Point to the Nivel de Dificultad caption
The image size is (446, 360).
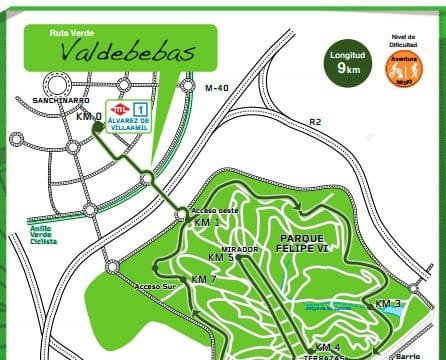click(404, 40)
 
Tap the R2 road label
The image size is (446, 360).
click(315, 122)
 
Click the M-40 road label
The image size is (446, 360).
click(216, 88)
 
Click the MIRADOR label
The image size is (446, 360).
click(240, 248)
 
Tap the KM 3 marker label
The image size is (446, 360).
click(388, 303)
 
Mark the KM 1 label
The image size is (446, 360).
click(207, 222)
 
